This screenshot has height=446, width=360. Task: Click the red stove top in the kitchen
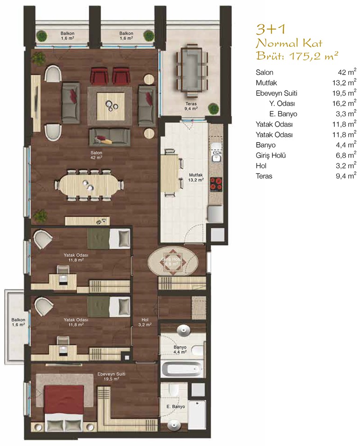point(216,185)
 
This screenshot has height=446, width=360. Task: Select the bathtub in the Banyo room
point(182,369)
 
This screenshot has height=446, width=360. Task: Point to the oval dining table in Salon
point(89,185)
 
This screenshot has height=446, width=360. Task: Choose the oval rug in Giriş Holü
point(173,261)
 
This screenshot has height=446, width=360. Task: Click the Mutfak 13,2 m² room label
point(196,177)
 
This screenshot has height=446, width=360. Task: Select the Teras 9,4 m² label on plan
point(191,106)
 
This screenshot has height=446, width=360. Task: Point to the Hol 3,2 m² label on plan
point(145,322)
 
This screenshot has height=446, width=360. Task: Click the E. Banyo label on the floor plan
point(176,407)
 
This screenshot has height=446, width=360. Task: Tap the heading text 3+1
point(271,29)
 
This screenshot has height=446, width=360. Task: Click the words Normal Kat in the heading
point(289,43)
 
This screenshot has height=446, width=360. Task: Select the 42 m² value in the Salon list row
point(347,72)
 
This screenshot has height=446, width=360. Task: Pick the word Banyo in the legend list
point(265,145)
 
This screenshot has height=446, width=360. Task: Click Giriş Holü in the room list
point(271,156)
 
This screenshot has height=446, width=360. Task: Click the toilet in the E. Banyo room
point(173,389)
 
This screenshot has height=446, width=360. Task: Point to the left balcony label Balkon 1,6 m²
point(18,322)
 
